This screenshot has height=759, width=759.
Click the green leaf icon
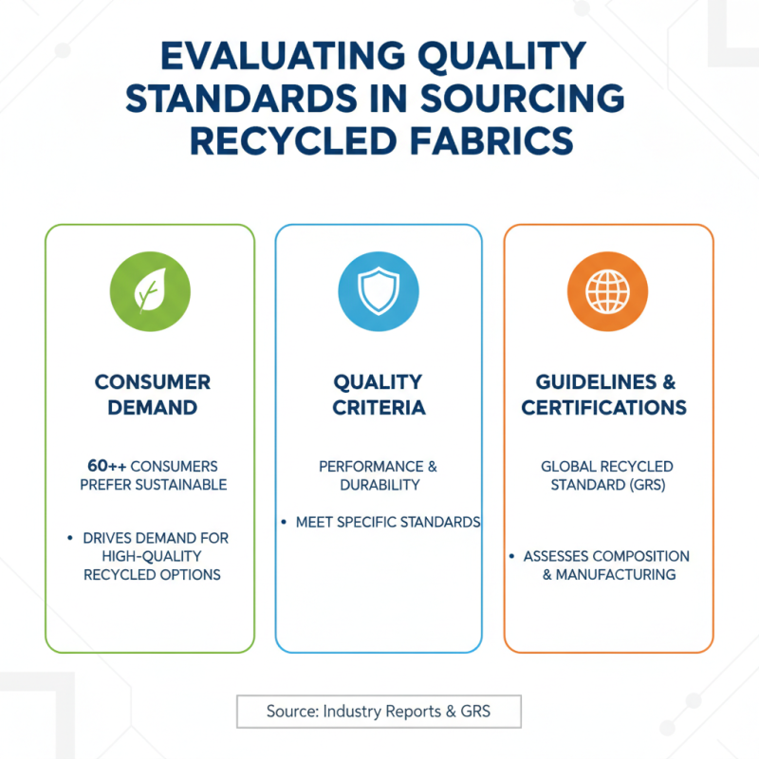point(150,291)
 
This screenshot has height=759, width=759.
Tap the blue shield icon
point(379,291)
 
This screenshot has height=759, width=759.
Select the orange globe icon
point(607,291)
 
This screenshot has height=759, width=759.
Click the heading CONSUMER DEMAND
point(151,395)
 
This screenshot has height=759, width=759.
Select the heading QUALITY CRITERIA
point(379,395)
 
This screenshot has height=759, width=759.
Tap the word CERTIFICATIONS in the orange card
point(603,408)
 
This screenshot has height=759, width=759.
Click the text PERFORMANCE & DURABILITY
point(379,476)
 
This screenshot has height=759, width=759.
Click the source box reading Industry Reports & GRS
point(379,712)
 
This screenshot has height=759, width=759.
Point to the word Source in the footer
point(291,712)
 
